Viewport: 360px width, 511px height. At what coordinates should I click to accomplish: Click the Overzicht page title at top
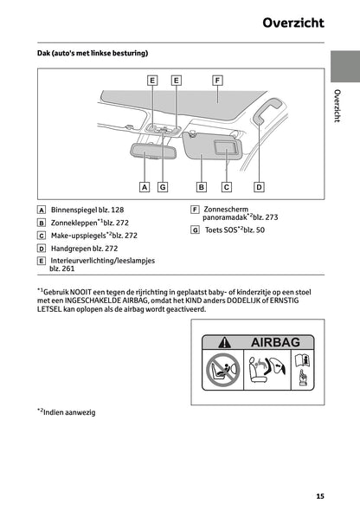click(x=293, y=23)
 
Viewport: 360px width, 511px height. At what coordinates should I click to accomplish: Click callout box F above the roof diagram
click(x=217, y=81)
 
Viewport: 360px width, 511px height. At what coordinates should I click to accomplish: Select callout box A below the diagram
click(x=145, y=187)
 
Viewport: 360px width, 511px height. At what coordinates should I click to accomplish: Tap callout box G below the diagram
click(x=163, y=187)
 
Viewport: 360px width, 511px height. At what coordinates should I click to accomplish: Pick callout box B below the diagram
click(x=202, y=187)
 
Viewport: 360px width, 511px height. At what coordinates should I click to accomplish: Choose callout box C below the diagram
click(x=227, y=187)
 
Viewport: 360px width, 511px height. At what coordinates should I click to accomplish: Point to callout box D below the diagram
click(x=259, y=187)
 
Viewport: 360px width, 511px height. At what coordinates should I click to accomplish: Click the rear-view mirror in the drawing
click(x=152, y=151)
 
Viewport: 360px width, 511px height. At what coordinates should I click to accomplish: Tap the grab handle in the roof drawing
click(x=267, y=110)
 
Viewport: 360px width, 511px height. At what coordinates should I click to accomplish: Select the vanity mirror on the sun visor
click(x=225, y=147)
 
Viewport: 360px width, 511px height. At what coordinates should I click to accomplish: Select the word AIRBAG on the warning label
click(x=275, y=342)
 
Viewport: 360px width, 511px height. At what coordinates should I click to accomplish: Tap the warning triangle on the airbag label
click(x=225, y=342)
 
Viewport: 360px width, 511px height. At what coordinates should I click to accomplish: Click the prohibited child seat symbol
click(x=223, y=370)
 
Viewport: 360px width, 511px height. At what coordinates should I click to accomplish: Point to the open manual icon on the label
click(x=302, y=360)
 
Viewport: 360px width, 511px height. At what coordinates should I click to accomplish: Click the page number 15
click(x=320, y=496)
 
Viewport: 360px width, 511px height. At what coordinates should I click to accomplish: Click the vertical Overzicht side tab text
click(x=337, y=106)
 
